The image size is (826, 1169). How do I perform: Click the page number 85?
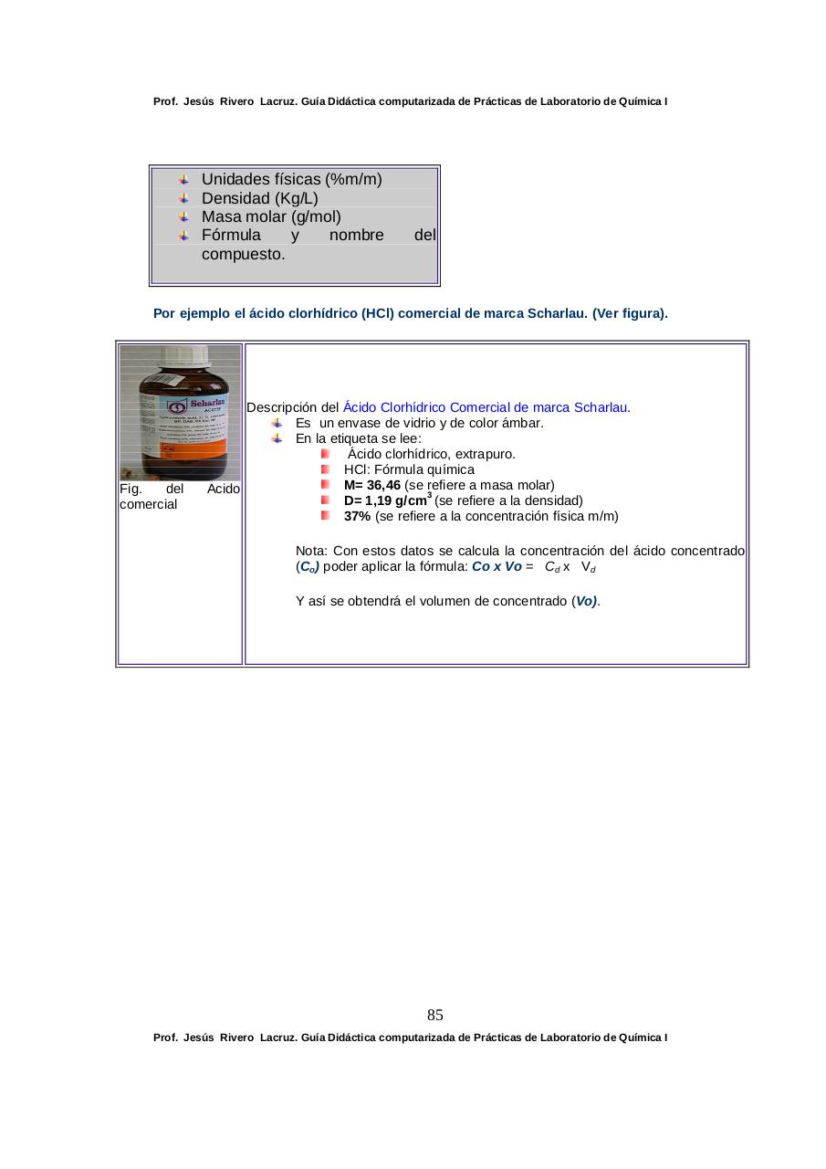pyautogui.click(x=434, y=1015)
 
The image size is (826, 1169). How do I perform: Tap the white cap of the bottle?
pyautogui.click(x=181, y=357)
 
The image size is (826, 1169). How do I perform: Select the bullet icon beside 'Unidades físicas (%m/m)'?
pyautogui.click(x=183, y=179)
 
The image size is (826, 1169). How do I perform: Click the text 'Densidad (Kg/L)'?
pyautogui.click(x=259, y=198)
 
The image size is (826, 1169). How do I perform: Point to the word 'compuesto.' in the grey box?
pyautogui.click(x=243, y=254)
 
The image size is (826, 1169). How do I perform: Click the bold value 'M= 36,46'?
pyautogui.click(x=371, y=485)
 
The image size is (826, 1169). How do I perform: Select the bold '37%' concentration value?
pyautogui.click(x=357, y=516)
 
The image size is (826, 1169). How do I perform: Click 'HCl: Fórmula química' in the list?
pyautogui.click(x=403, y=469)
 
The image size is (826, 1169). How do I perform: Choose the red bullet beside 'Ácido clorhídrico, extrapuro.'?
pyautogui.click(x=326, y=454)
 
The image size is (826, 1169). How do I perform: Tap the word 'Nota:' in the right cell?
pyautogui.click(x=312, y=551)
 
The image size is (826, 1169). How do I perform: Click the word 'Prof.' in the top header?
pyautogui.click(x=165, y=101)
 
